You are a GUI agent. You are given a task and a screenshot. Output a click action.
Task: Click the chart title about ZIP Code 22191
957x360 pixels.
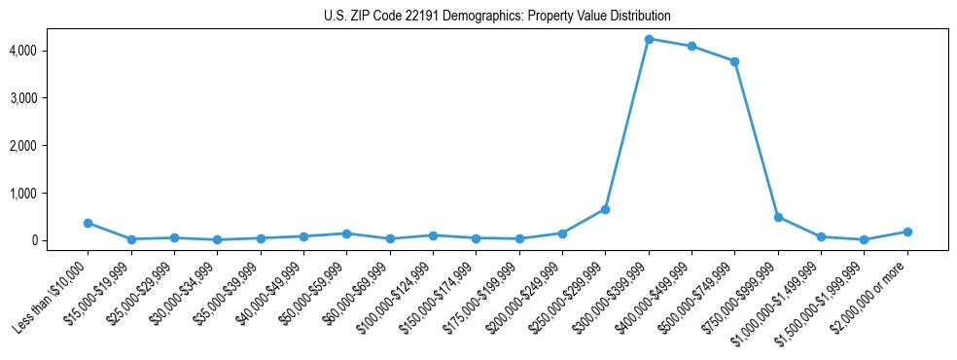click(497, 17)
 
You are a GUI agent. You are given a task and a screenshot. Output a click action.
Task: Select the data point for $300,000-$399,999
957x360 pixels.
click(649, 39)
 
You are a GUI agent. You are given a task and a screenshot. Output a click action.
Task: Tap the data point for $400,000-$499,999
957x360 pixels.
click(691, 46)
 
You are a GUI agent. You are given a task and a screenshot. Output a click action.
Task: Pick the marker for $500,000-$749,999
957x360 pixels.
click(734, 61)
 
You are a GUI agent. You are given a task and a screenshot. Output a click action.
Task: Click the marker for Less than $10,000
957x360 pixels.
click(88, 223)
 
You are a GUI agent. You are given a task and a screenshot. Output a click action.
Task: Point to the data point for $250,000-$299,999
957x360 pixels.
click(605, 209)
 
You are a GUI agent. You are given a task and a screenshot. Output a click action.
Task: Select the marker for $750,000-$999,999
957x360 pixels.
click(778, 217)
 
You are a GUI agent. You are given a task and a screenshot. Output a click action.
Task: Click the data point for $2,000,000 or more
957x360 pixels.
click(907, 232)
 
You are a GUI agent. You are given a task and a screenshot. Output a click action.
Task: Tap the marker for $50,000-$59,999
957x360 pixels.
click(346, 234)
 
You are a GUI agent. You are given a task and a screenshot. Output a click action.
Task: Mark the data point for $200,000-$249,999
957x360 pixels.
click(562, 234)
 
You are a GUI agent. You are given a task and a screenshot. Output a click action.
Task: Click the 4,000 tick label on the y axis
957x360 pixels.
click(52, 51)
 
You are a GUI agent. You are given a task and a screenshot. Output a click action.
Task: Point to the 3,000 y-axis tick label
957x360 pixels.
click(52, 98)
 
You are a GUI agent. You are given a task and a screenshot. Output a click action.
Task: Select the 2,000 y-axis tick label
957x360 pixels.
click(52, 146)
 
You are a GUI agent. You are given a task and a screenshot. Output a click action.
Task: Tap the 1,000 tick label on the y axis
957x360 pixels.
click(52, 194)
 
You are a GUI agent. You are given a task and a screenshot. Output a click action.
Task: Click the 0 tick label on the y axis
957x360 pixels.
click(60, 240)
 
